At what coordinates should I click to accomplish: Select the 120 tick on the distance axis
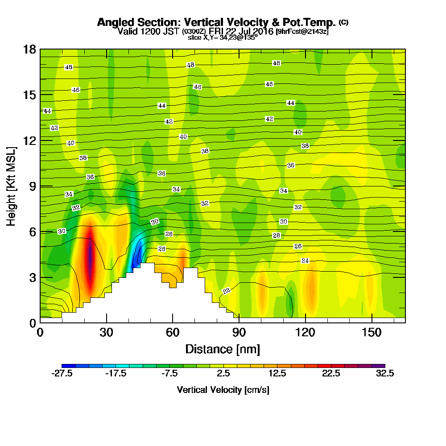(305, 332)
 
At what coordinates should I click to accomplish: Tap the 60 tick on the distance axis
(173, 332)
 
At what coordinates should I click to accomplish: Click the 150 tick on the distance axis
(372, 332)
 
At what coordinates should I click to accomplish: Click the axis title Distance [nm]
(223, 348)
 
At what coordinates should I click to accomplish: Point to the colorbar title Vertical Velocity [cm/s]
(223, 390)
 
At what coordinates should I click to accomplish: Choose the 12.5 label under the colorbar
(277, 374)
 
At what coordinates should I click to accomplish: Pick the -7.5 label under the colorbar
(169, 374)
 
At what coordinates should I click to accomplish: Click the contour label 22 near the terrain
(226, 291)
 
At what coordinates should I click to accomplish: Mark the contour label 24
(305, 260)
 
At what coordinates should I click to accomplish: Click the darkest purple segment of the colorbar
(380, 366)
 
